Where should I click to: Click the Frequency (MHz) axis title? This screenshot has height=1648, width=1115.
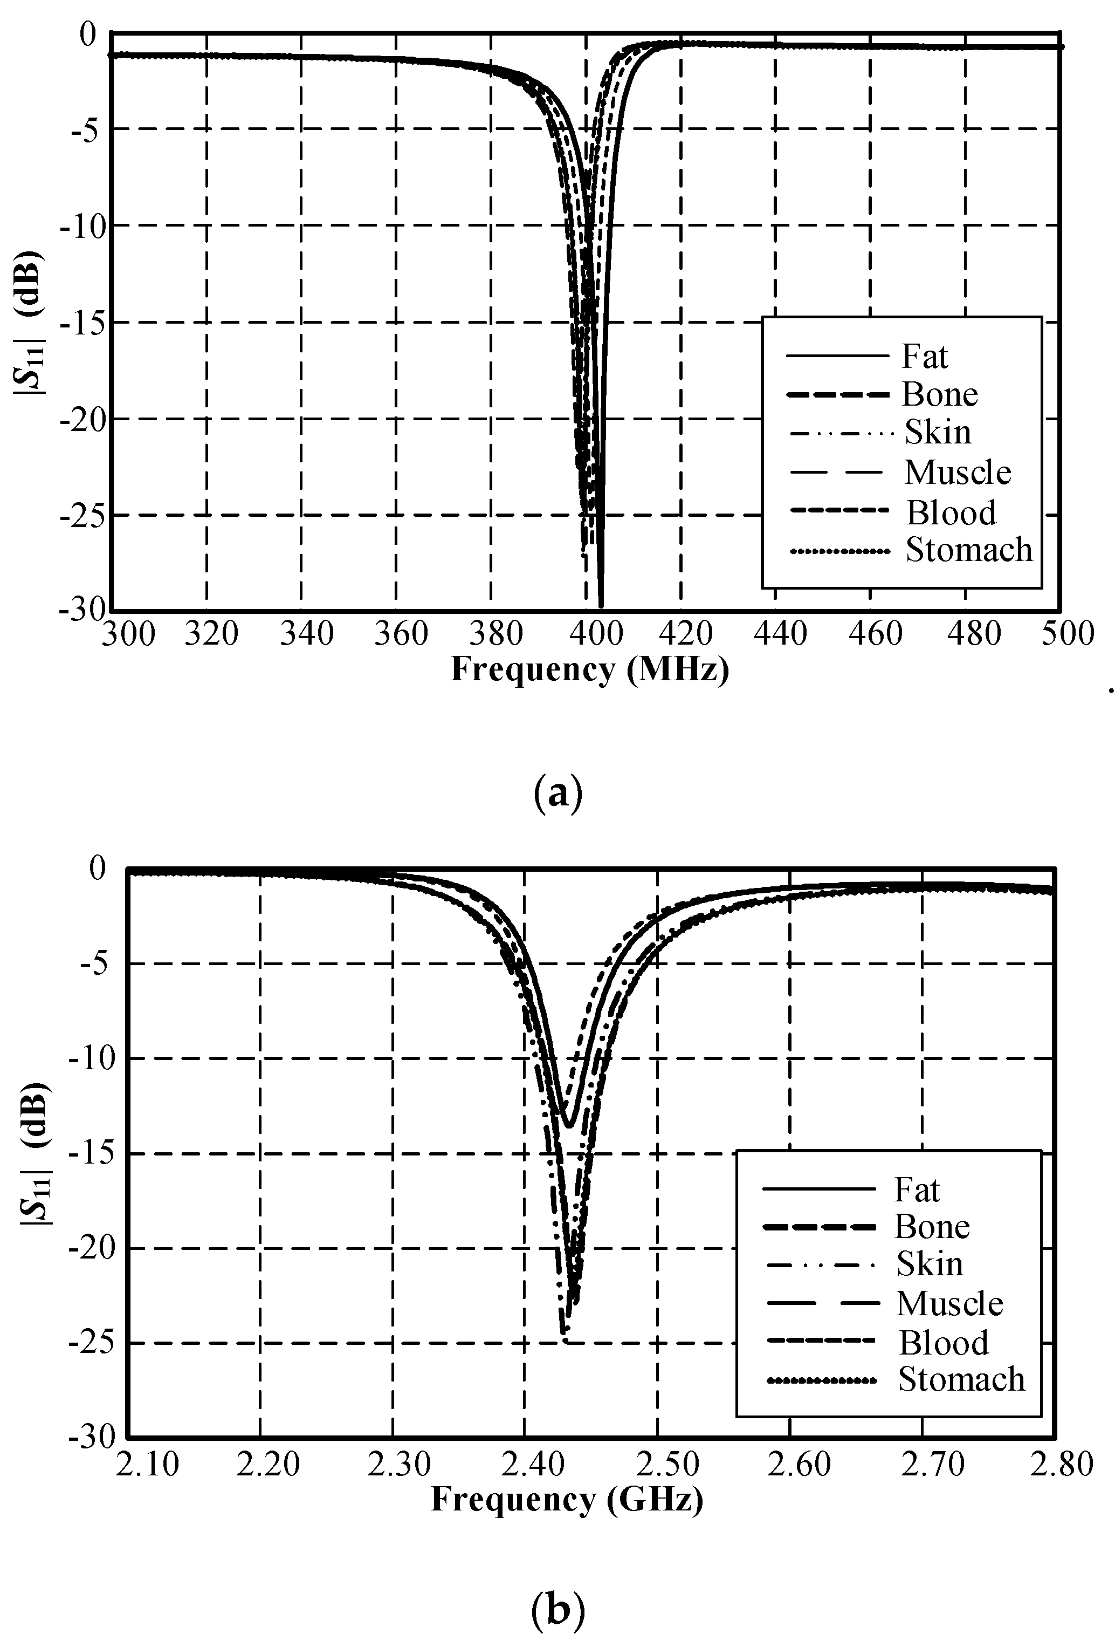point(590,669)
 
